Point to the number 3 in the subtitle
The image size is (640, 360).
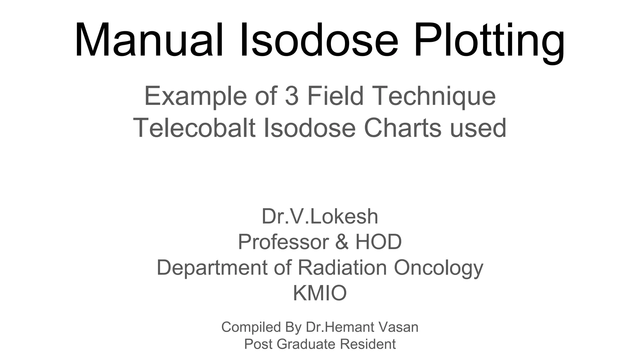tap(292, 96)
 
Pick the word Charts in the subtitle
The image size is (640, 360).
tap(403, 128)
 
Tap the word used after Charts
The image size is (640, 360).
tap(478, 128)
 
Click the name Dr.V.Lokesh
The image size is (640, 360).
tap(320, 216)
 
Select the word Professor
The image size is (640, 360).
tap(283, 242)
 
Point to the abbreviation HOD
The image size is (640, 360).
tap(378, 242)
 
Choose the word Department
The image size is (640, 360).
tap(212, 268)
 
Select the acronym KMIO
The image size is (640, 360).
tap(320, 293)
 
